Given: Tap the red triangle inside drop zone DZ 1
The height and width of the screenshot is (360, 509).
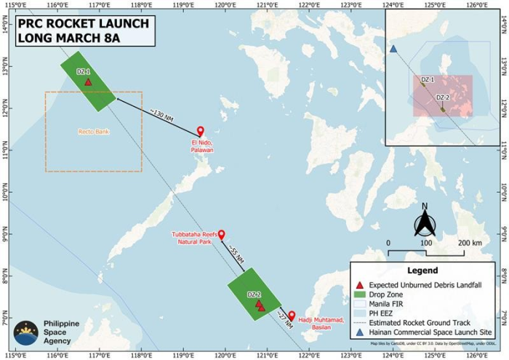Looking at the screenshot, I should (88, 82).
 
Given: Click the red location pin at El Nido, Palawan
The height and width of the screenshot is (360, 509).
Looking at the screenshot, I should (201, 132).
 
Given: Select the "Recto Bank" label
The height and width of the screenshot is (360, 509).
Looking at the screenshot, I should (92, 132).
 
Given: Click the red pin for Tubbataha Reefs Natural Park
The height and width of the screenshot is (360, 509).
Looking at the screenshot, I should (222, 235).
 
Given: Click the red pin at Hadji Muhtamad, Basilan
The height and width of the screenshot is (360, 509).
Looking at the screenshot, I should (292, 316).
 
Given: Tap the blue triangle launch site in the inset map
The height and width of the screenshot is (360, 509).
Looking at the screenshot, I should (393, 49).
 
